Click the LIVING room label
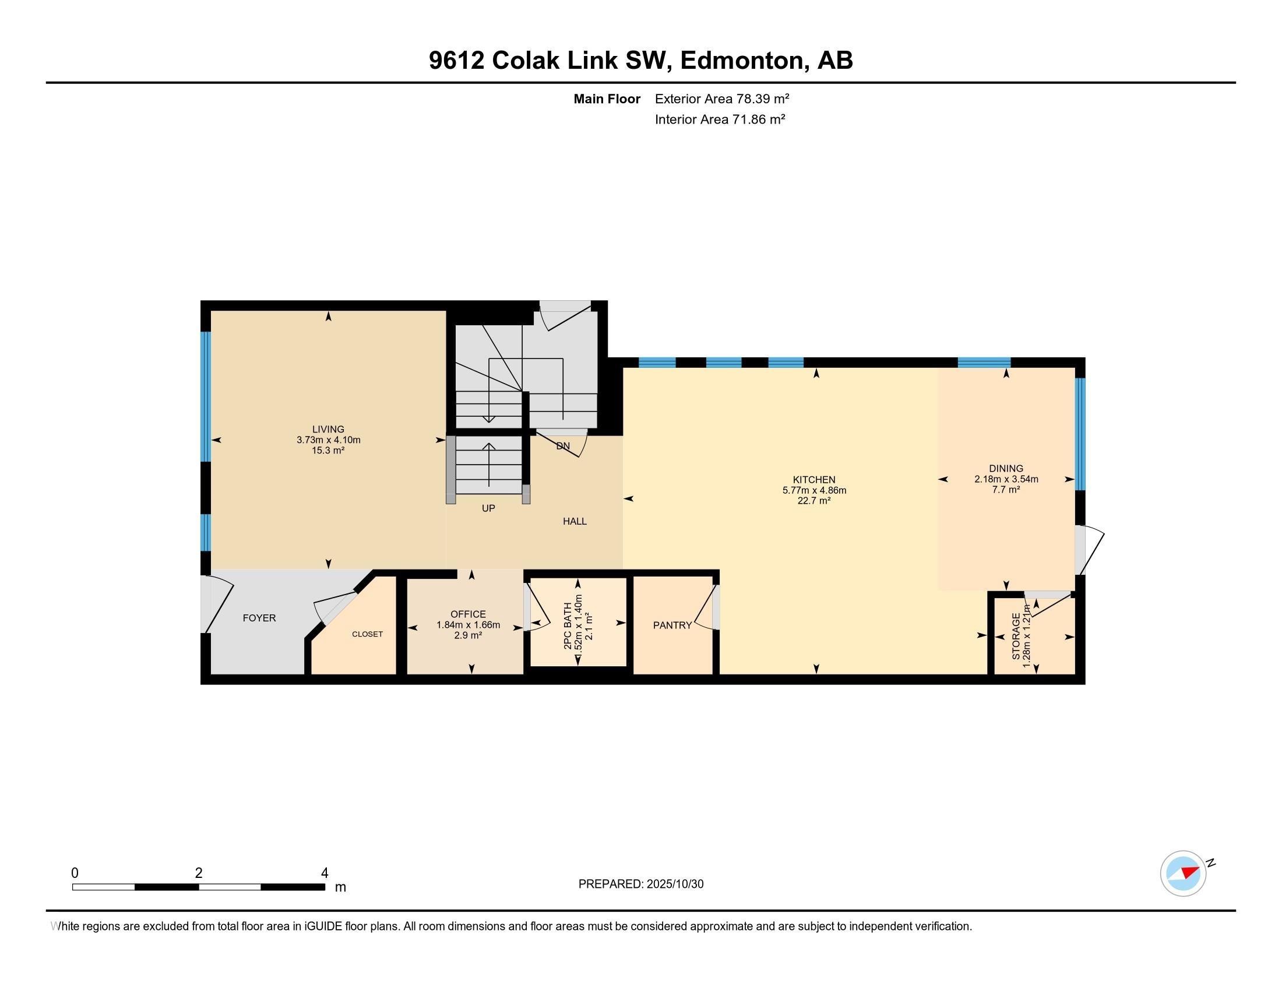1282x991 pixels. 328,429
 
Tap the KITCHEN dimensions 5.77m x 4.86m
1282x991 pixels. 814,490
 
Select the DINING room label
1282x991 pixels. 1006,469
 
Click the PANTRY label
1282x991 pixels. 672,625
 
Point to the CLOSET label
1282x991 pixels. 368,634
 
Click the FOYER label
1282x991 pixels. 259,617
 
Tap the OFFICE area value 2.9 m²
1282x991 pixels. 468,635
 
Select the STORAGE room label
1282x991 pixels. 1016,637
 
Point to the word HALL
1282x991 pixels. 575,521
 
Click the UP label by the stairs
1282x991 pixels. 488,508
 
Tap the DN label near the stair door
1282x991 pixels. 563,446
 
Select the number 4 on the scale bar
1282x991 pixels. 324,873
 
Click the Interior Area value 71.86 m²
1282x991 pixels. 758,120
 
